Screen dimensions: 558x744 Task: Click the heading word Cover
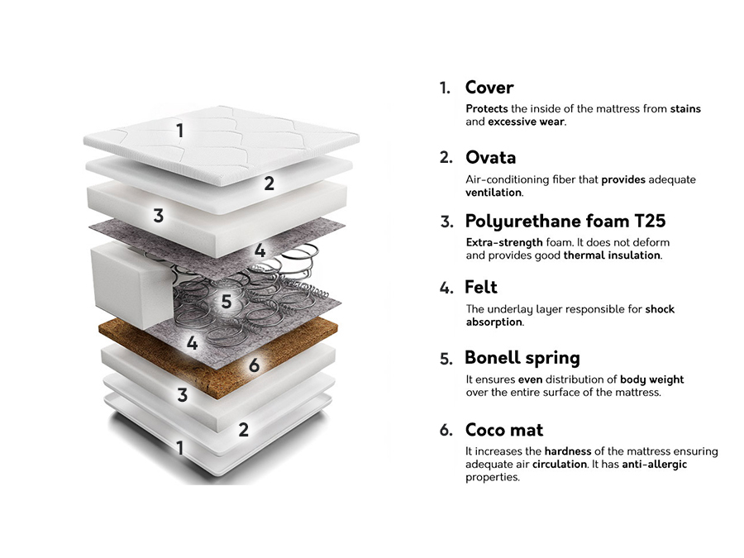click(489, 88)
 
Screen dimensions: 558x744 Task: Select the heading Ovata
click(490, 157)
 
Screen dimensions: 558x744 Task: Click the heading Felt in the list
click(481, 288)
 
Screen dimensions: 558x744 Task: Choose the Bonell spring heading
click(522, 358)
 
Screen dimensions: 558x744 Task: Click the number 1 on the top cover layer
click(179, 130)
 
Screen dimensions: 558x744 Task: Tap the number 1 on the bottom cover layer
click(179, 448)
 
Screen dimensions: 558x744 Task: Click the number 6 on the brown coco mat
click(254, 365)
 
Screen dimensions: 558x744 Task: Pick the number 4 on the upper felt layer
click(260, 250)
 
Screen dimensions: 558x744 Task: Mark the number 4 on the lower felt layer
click(192, 342)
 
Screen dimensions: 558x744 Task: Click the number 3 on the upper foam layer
click(158, 217)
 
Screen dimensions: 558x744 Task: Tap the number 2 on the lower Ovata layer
click(243, 429)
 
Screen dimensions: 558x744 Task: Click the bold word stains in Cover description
click(685, 109)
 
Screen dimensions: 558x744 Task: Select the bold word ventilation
click(494, 192)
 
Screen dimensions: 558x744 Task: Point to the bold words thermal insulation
click(612, 255)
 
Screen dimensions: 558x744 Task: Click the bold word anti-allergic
click(654, 465)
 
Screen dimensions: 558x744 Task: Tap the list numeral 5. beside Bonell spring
click(446, 360)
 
